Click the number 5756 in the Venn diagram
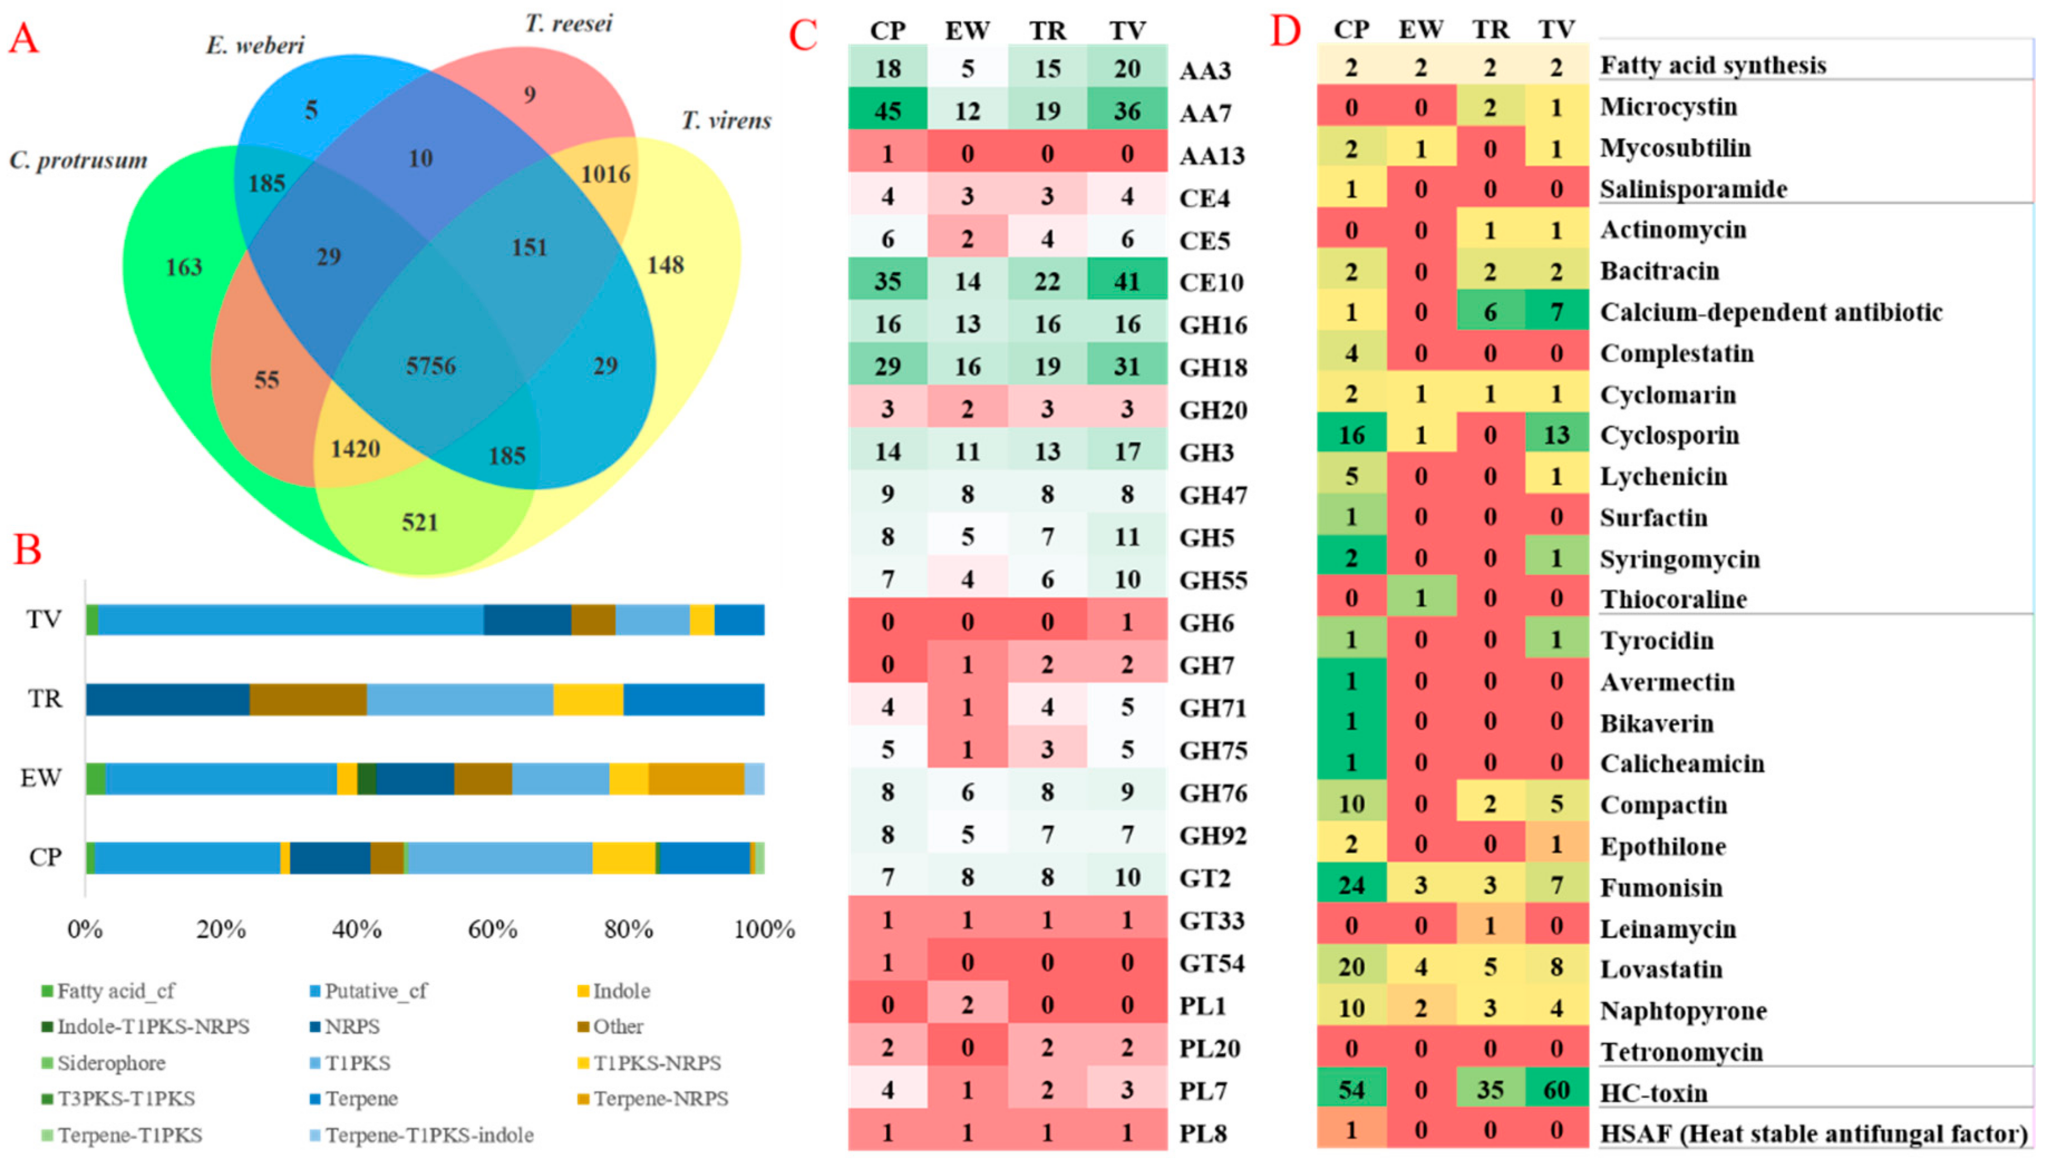coord(431,366)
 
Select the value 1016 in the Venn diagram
coord(605,173)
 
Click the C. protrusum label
coord(78,161)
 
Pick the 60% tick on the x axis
coord(493,929)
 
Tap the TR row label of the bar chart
coord(45,699)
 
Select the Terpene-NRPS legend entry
coord(660,1098)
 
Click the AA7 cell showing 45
coord(887,111)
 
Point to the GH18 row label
coord(1212,367)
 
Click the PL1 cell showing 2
coord(967,1005)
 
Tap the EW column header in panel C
coord(967,30)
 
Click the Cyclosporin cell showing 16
coord(1351,435)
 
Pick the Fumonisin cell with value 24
coord(1351,885)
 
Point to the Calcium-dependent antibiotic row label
coord(1770,312)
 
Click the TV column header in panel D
coord(1556,30)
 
